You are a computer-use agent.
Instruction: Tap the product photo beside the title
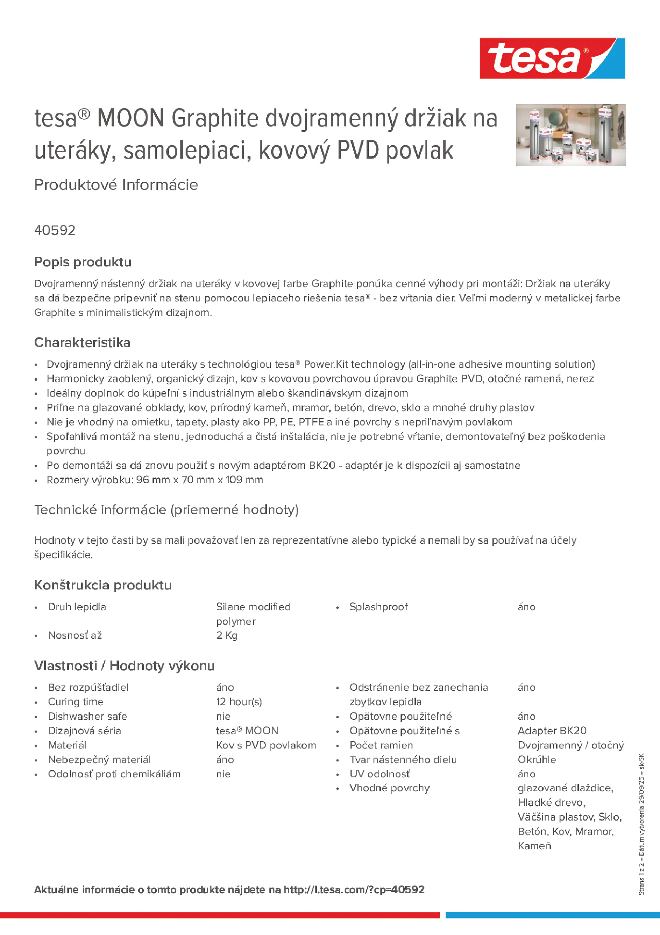[x=570, y=135]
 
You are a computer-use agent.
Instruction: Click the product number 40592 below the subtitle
[x=55, y=230]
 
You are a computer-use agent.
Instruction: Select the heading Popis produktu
[x=83, y=262]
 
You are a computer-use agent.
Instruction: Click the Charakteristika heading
[x=82, y=342]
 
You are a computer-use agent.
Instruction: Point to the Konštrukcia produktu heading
[x=103, y=585]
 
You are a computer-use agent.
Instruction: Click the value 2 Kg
[x=227, y=635]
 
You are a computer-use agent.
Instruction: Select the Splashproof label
[x=378, y=607]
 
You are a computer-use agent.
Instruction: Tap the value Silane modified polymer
[x=253, y=614]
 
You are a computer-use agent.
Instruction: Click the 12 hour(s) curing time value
[x=239, y=702]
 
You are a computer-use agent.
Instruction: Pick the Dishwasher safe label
[x=87, y=716]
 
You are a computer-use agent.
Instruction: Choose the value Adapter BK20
[x=552, y=731]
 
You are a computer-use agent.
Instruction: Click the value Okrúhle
[x=537, y=760]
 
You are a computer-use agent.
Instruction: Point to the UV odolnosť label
[x=379, y=774]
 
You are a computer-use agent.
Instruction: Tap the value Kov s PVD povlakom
[x=266, y=745]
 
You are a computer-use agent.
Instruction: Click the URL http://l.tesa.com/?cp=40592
[x=354, y=889]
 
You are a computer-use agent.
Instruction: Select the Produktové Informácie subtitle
[x=116, y=185]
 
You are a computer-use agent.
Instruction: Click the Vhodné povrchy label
[x=389, y=788]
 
